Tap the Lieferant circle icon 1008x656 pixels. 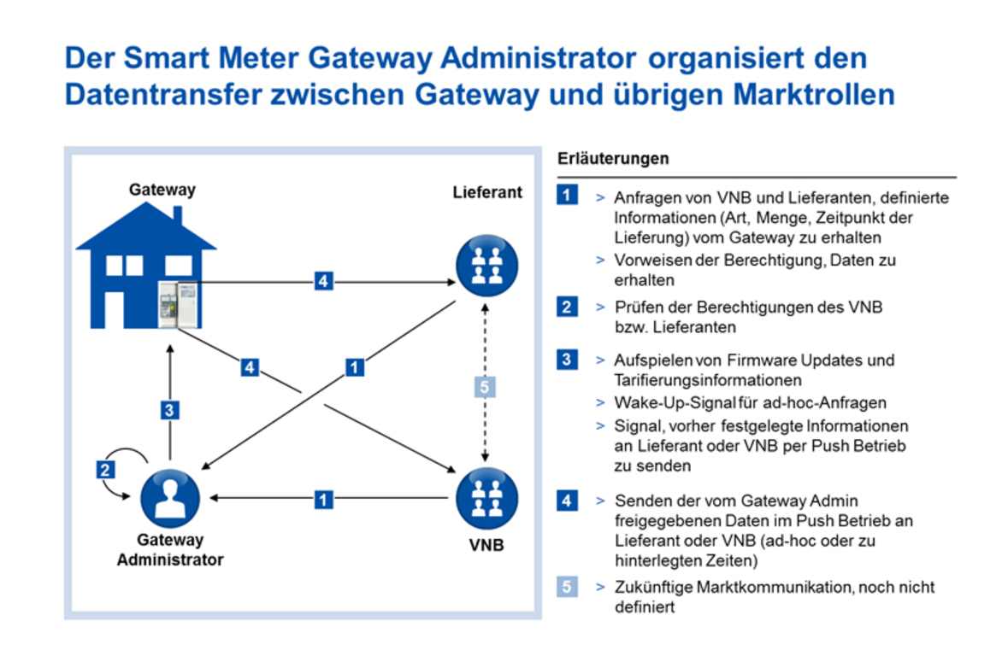click(486, 264)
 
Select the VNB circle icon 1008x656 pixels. click(486, 498)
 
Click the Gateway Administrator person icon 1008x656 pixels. click(169, 498)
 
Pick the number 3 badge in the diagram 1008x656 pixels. click(170, 411)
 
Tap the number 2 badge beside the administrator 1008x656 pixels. click(106, 469)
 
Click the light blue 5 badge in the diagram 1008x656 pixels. click(485, 387)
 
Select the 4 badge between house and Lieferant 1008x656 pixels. click(322, 280)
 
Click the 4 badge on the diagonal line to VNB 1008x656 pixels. click(249, 368)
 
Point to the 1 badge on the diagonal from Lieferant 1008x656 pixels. click(355, 367)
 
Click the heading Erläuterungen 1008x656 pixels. click(613, 159)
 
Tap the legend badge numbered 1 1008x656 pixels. click(567, 196)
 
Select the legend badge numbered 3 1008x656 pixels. click(567, 360)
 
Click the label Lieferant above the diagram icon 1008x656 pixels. click(486, 192)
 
